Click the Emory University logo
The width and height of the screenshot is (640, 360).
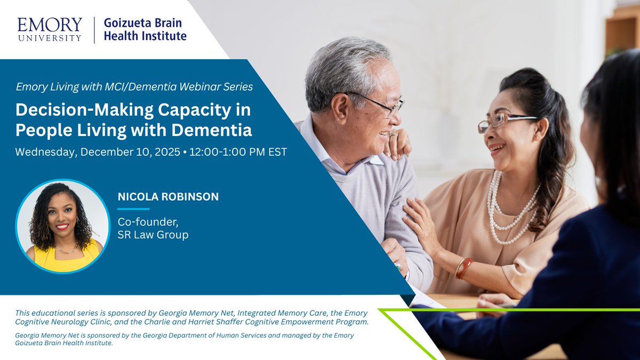pyautogui.click(x=50, y=29)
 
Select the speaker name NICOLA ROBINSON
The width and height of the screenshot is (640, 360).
pyautogui.click(x=168, y=197)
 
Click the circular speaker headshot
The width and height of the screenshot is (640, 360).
pyautogui.click(x=62, y=226)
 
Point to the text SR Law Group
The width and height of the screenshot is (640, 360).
pyautogui.click(x=153, y=235)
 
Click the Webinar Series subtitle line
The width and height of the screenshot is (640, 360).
pyautogui.click(x=134, y=86)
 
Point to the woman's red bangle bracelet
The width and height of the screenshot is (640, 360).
pyautogui.click(x=462, y=267)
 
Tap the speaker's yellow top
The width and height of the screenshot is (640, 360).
pyautogui.click(x=63, y=260)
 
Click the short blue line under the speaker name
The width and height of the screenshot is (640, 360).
pyautogui.click(x=133, y=209)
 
